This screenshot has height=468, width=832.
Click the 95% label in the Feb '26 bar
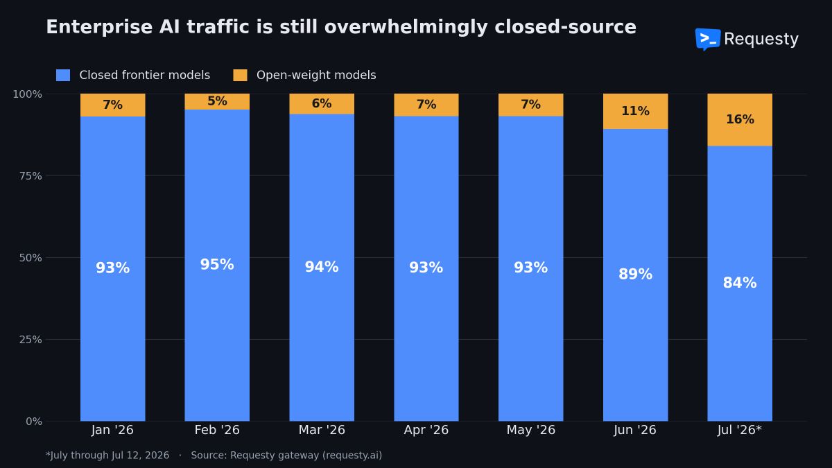217,264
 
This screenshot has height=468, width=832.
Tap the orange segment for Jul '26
740,119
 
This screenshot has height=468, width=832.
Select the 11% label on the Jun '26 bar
635,111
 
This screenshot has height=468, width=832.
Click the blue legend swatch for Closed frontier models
63,75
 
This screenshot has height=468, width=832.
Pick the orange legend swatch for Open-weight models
240,75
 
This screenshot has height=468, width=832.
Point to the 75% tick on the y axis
31,175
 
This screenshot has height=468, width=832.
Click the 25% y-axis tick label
31,340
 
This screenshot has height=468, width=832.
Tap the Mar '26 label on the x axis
322,430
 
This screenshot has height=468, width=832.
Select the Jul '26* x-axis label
740,430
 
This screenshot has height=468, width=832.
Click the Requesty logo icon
708,39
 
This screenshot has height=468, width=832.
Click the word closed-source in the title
565,27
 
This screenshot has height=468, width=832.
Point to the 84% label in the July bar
740,283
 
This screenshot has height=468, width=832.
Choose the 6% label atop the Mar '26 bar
322,103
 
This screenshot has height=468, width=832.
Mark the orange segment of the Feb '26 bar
217,101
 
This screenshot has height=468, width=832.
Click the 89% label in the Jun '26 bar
635,275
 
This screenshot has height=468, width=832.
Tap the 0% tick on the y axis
34,422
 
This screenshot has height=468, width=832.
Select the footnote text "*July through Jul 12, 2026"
107,456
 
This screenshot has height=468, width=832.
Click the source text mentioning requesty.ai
286,456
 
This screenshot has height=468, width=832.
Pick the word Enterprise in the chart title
99,27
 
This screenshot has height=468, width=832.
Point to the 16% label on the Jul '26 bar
740,119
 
